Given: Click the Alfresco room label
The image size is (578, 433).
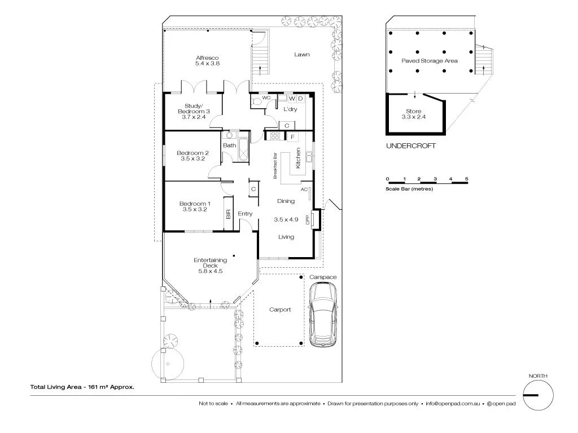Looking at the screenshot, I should point(207,61).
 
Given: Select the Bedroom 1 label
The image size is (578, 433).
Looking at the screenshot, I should point(195,206).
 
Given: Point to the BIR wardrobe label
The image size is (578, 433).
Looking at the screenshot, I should point(229,214).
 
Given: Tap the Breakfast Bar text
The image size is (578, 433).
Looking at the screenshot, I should point(275,166).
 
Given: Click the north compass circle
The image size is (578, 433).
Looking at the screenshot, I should point(538,395).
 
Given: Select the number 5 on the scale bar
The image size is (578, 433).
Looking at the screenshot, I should point(467,179).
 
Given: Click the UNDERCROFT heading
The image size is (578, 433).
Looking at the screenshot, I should point(410,146).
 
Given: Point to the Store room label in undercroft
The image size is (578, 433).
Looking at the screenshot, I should point(414,114).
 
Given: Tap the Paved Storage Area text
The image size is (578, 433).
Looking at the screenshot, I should point(430,61).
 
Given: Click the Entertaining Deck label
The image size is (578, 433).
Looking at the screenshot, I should point(210,265).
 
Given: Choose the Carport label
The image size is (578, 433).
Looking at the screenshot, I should point(280,310).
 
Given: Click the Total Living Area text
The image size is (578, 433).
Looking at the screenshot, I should point(82,387).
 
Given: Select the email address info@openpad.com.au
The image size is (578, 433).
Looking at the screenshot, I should point(453,404).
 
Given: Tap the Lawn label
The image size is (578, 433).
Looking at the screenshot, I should point(302,55).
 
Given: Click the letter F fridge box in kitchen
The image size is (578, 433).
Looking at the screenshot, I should point(292,136).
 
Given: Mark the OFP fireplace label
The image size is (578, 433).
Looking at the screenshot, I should point(308,220).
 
